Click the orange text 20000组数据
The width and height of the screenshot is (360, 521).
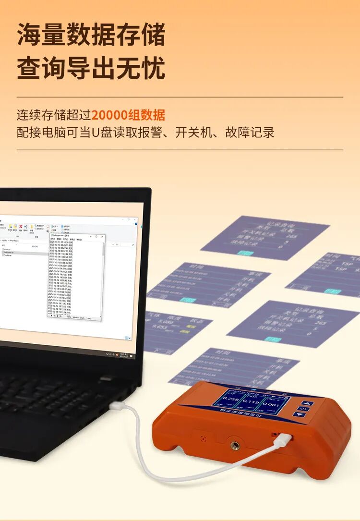point(128,115)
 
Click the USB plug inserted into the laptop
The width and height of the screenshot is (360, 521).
point(117,406)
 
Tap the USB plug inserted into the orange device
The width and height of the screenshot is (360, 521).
point(283,439)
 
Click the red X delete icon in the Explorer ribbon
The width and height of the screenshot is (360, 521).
point(20,227)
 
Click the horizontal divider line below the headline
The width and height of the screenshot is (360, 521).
point(180,97)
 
